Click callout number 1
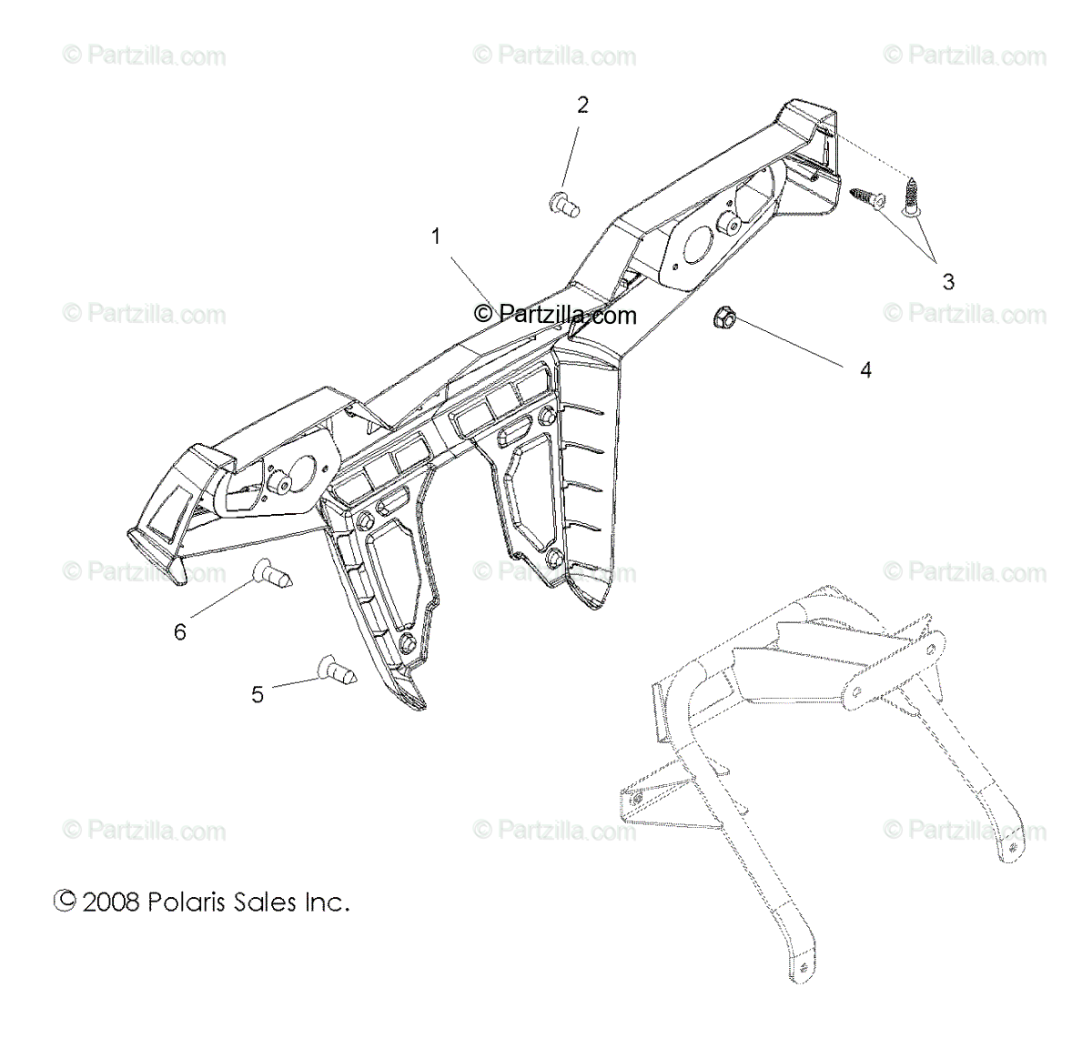tap(436, 237)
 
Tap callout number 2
tap(582, 105)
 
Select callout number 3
tap(948, 282)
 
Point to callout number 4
tap(865, 370)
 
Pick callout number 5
tap(258, 695)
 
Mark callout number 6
tap(180, 631)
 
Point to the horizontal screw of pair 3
tap(868, 197)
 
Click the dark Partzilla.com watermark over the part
tap(555, 315)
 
